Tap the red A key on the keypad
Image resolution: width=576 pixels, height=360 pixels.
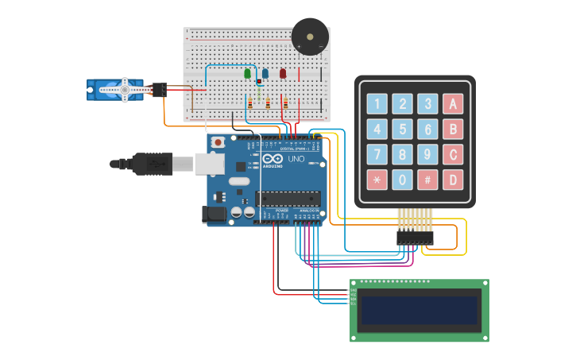tap(453, 103)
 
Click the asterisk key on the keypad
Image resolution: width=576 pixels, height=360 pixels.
tap(377, 179)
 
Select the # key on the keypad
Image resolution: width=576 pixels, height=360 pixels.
tap(428, 179)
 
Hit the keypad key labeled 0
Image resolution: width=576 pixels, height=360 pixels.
tap(403, 179)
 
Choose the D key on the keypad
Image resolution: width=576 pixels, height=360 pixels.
tap(453, 179)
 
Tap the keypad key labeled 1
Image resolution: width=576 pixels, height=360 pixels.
tap(377, 103)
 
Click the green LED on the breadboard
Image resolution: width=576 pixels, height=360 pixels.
tap(247, 74)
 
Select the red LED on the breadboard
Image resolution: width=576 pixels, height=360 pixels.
tap(283, 74)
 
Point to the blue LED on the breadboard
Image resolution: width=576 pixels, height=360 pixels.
tap(265, 74)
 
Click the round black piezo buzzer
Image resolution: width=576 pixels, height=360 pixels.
tap(310, 37)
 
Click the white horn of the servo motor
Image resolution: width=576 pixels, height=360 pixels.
tap(124, 90)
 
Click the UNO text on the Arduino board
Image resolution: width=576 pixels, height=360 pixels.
tap(296, 159)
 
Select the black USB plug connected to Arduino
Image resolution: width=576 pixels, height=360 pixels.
tap(151, 164)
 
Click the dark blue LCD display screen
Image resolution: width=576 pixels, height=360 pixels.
tap(419, 310)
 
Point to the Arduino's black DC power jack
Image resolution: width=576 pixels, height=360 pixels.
tap(215, 213)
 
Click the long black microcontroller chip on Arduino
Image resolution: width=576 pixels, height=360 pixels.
tap(287, 199)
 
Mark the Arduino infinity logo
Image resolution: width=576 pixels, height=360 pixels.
tap(270, 159)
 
